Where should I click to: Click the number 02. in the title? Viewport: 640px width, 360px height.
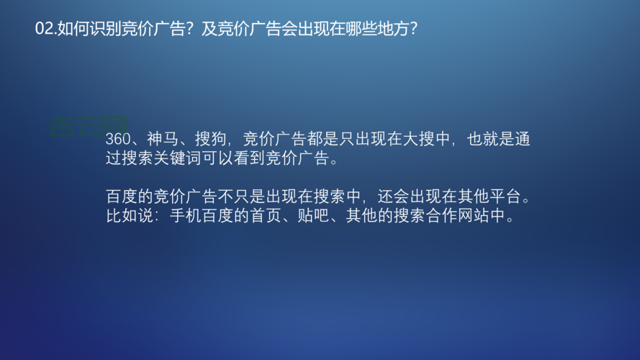click(x=45, y=29)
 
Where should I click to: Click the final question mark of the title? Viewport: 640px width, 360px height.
click(x=413, y=29)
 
